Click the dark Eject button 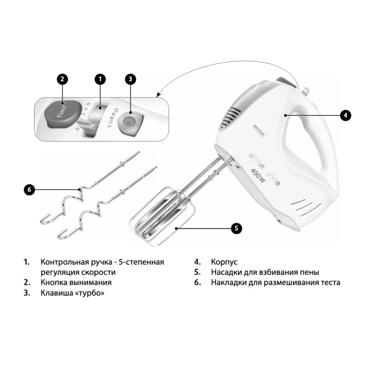pos(62,114)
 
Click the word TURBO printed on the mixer pos(113,118)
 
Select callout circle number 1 pos(100,79)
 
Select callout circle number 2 pos(62,79)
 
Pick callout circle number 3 pos(131,79)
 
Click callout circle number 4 pos(346,115)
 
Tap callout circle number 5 pos(236,228)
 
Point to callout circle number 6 pos(29,189)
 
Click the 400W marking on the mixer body pos(258,176)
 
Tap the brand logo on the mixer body pos(259,131)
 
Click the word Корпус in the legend pos(224,262)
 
